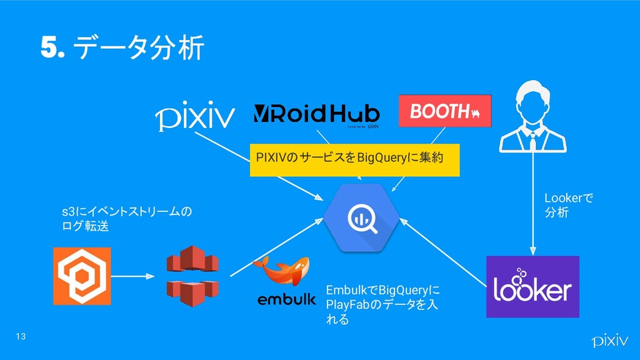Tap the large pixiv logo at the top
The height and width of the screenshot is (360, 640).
(194, 117)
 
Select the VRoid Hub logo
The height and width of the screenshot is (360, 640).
(316, 115)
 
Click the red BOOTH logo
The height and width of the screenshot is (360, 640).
(445, 111)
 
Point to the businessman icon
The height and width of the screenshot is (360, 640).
(532, 116)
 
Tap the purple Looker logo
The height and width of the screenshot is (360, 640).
(532, 287)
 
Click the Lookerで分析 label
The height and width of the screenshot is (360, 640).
(569, 206)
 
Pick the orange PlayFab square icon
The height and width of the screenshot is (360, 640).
(82, 276)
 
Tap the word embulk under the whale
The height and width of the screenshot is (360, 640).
(287, 299)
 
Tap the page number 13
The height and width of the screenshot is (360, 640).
(21, 337)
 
